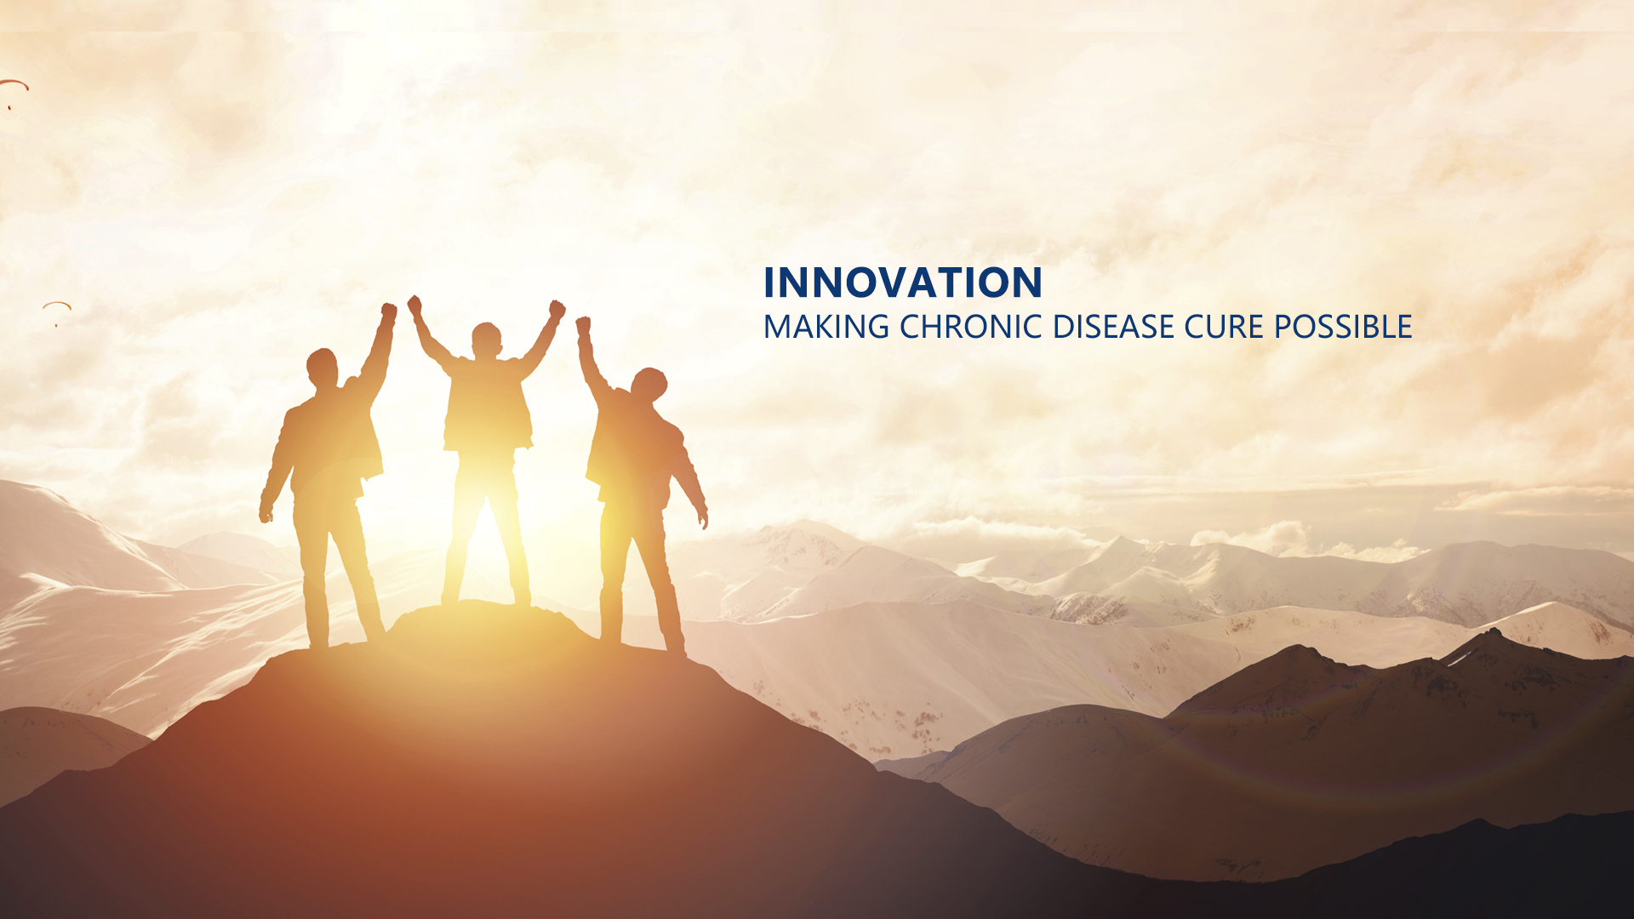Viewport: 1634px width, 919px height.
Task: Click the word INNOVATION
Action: [902, 283]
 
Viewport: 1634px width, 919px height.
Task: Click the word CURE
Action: [1224, 327]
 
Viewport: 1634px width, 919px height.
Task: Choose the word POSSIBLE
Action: [1343, 327]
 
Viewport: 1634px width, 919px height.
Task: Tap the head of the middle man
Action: [487, 340]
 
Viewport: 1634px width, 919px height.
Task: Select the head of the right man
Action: [649, 385]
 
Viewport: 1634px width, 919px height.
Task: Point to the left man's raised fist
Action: [388, 312]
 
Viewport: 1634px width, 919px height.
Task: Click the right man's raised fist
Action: [583, 325]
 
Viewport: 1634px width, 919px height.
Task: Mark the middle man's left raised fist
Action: [414, 305]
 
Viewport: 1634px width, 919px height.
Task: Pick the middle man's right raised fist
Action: [557, 309]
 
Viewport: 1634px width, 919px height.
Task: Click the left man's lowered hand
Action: [266, 512]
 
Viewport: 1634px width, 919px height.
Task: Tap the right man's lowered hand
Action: [702, 517]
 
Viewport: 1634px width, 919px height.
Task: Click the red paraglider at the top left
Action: [14, 84]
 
